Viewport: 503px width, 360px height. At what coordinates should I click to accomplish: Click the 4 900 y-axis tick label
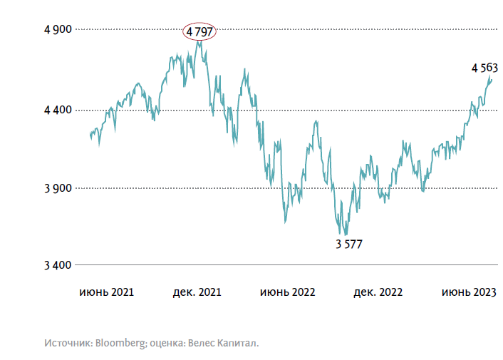(57, 29)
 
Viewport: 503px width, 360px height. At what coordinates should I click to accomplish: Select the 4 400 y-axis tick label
(57, 110)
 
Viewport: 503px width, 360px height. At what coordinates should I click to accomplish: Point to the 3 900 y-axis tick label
(57, 188)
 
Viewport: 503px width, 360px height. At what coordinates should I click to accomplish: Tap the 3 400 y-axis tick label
(57, 265)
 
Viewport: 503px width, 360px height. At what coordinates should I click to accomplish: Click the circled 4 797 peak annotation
(200, 31)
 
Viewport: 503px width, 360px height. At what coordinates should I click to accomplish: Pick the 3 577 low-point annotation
(349, 245)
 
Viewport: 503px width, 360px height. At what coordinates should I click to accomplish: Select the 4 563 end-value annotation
(484, 68)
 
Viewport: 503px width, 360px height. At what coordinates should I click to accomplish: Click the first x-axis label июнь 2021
(107, 292)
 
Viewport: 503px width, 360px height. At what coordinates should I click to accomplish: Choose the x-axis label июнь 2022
(287, 292)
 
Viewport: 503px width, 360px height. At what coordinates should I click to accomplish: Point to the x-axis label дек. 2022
(379, 292)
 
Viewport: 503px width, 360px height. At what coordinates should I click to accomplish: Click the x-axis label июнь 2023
(469, 292)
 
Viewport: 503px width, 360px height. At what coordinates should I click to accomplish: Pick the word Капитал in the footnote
(238, 343)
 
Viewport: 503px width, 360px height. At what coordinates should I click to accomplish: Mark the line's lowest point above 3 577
(346, 235)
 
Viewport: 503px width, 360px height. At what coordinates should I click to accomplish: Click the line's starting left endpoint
(90, 133)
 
